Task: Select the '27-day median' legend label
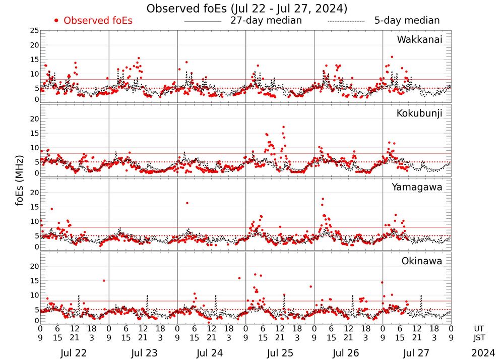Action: [x=266, y=21]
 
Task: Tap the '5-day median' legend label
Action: [x=407, y=21]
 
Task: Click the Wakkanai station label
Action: [x=419, y=40]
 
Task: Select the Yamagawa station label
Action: [x=417, y=187]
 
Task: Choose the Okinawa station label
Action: [x=422, y=261]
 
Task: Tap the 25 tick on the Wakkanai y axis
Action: [x=34, y=31]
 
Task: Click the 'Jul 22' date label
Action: [x=74, y=352]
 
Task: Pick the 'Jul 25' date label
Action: [x=279, y=352]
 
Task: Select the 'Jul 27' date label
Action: [x=416, y=352]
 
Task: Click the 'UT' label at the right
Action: [x=481, y=328]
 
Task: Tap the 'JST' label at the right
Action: [x=481, y=337]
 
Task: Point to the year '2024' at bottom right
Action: [x=483, y=352]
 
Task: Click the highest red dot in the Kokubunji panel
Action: [x=284, y=127]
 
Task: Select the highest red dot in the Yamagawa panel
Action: [x=323, y=199]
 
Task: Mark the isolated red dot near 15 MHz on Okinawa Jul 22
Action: [x=104, y=281]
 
